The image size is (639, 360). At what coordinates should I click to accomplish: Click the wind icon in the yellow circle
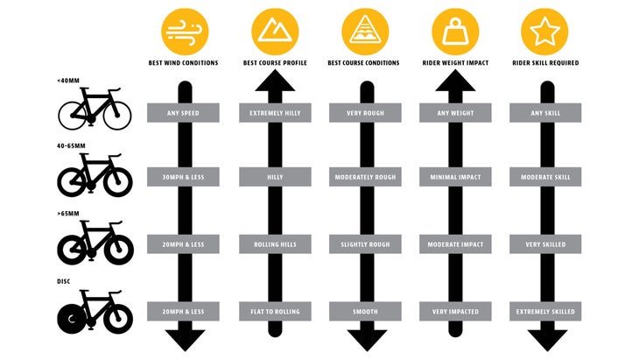pos(185,32)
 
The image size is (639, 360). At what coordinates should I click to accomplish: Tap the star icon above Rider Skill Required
pos(544,32)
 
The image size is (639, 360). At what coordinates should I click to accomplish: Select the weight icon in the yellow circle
pos(455,32)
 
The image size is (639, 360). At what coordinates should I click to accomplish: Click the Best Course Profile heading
pos(275,63)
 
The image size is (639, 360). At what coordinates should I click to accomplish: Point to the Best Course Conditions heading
pos(363,63)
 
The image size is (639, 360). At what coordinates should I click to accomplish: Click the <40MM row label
pos(68,81)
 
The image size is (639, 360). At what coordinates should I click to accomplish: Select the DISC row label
pos(64,281)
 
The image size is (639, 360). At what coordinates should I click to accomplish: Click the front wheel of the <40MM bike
pos(117,116)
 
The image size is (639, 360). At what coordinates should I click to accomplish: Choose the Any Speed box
pos(183,113)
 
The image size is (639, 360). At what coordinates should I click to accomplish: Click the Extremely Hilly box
pos(275,113)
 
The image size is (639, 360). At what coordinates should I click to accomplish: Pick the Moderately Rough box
pos(365,177)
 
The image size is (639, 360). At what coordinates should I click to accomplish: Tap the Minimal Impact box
pos(455,177)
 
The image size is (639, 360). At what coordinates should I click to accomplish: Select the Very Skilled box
pos(545,244)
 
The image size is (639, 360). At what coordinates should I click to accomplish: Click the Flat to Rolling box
pos(275,312)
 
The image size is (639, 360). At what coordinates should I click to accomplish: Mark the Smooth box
pos(365,312)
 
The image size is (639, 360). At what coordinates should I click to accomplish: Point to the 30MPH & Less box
pos(183,177)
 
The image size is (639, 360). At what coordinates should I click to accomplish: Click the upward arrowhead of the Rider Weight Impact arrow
pos(455,81)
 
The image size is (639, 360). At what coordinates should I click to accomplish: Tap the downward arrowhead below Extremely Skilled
pos(547,340)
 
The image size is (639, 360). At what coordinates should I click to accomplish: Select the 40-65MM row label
pos(71,146)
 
